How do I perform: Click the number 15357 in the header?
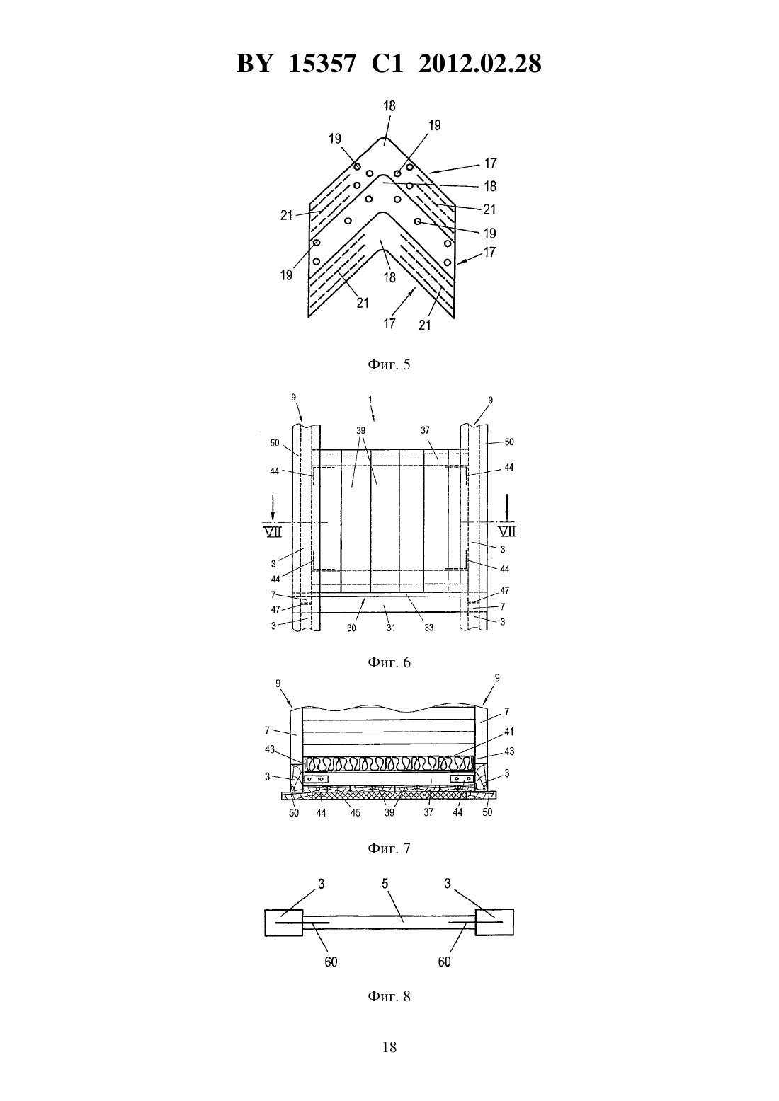click(322, 64)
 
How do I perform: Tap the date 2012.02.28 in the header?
click(480, 64)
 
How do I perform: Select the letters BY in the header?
click(254, 64)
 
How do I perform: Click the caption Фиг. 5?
click(389, 364)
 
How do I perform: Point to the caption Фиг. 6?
click(389, 662)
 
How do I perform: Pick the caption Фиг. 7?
click(389, 848)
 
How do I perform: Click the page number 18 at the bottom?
click(389, 1047)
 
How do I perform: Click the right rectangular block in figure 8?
click(495, 922)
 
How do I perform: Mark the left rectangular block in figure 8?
click(284, 923)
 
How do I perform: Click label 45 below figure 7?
click(355, 812)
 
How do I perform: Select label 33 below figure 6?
click(429, 628)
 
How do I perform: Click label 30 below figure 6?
click(352, 628)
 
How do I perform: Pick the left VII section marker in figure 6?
click(274, 531)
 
